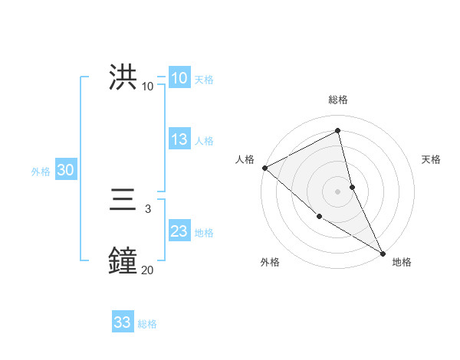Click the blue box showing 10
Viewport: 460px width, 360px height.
point(179,78)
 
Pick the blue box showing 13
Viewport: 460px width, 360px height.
point(179,139)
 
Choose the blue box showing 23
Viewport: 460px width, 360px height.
point(179,231)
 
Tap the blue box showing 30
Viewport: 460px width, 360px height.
point(65,171)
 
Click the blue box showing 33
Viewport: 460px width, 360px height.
point(122,322)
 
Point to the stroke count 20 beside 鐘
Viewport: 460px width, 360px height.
point(147,270)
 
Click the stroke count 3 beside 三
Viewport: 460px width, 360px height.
point(147,208)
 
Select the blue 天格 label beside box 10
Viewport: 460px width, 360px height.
point(203,80)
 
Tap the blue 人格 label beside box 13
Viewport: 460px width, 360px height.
point(203,141)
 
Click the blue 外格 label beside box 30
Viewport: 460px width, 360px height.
point(41,172)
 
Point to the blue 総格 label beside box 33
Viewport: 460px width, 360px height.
point(147,324)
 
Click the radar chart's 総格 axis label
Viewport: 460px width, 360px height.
point(338,100)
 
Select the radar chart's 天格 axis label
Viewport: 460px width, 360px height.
point(432,159)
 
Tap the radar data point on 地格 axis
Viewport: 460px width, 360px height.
point(383,253)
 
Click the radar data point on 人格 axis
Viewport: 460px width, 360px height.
point(264,168)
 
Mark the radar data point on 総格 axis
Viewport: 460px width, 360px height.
point(338,130)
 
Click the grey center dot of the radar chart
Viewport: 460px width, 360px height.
point(338,191)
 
